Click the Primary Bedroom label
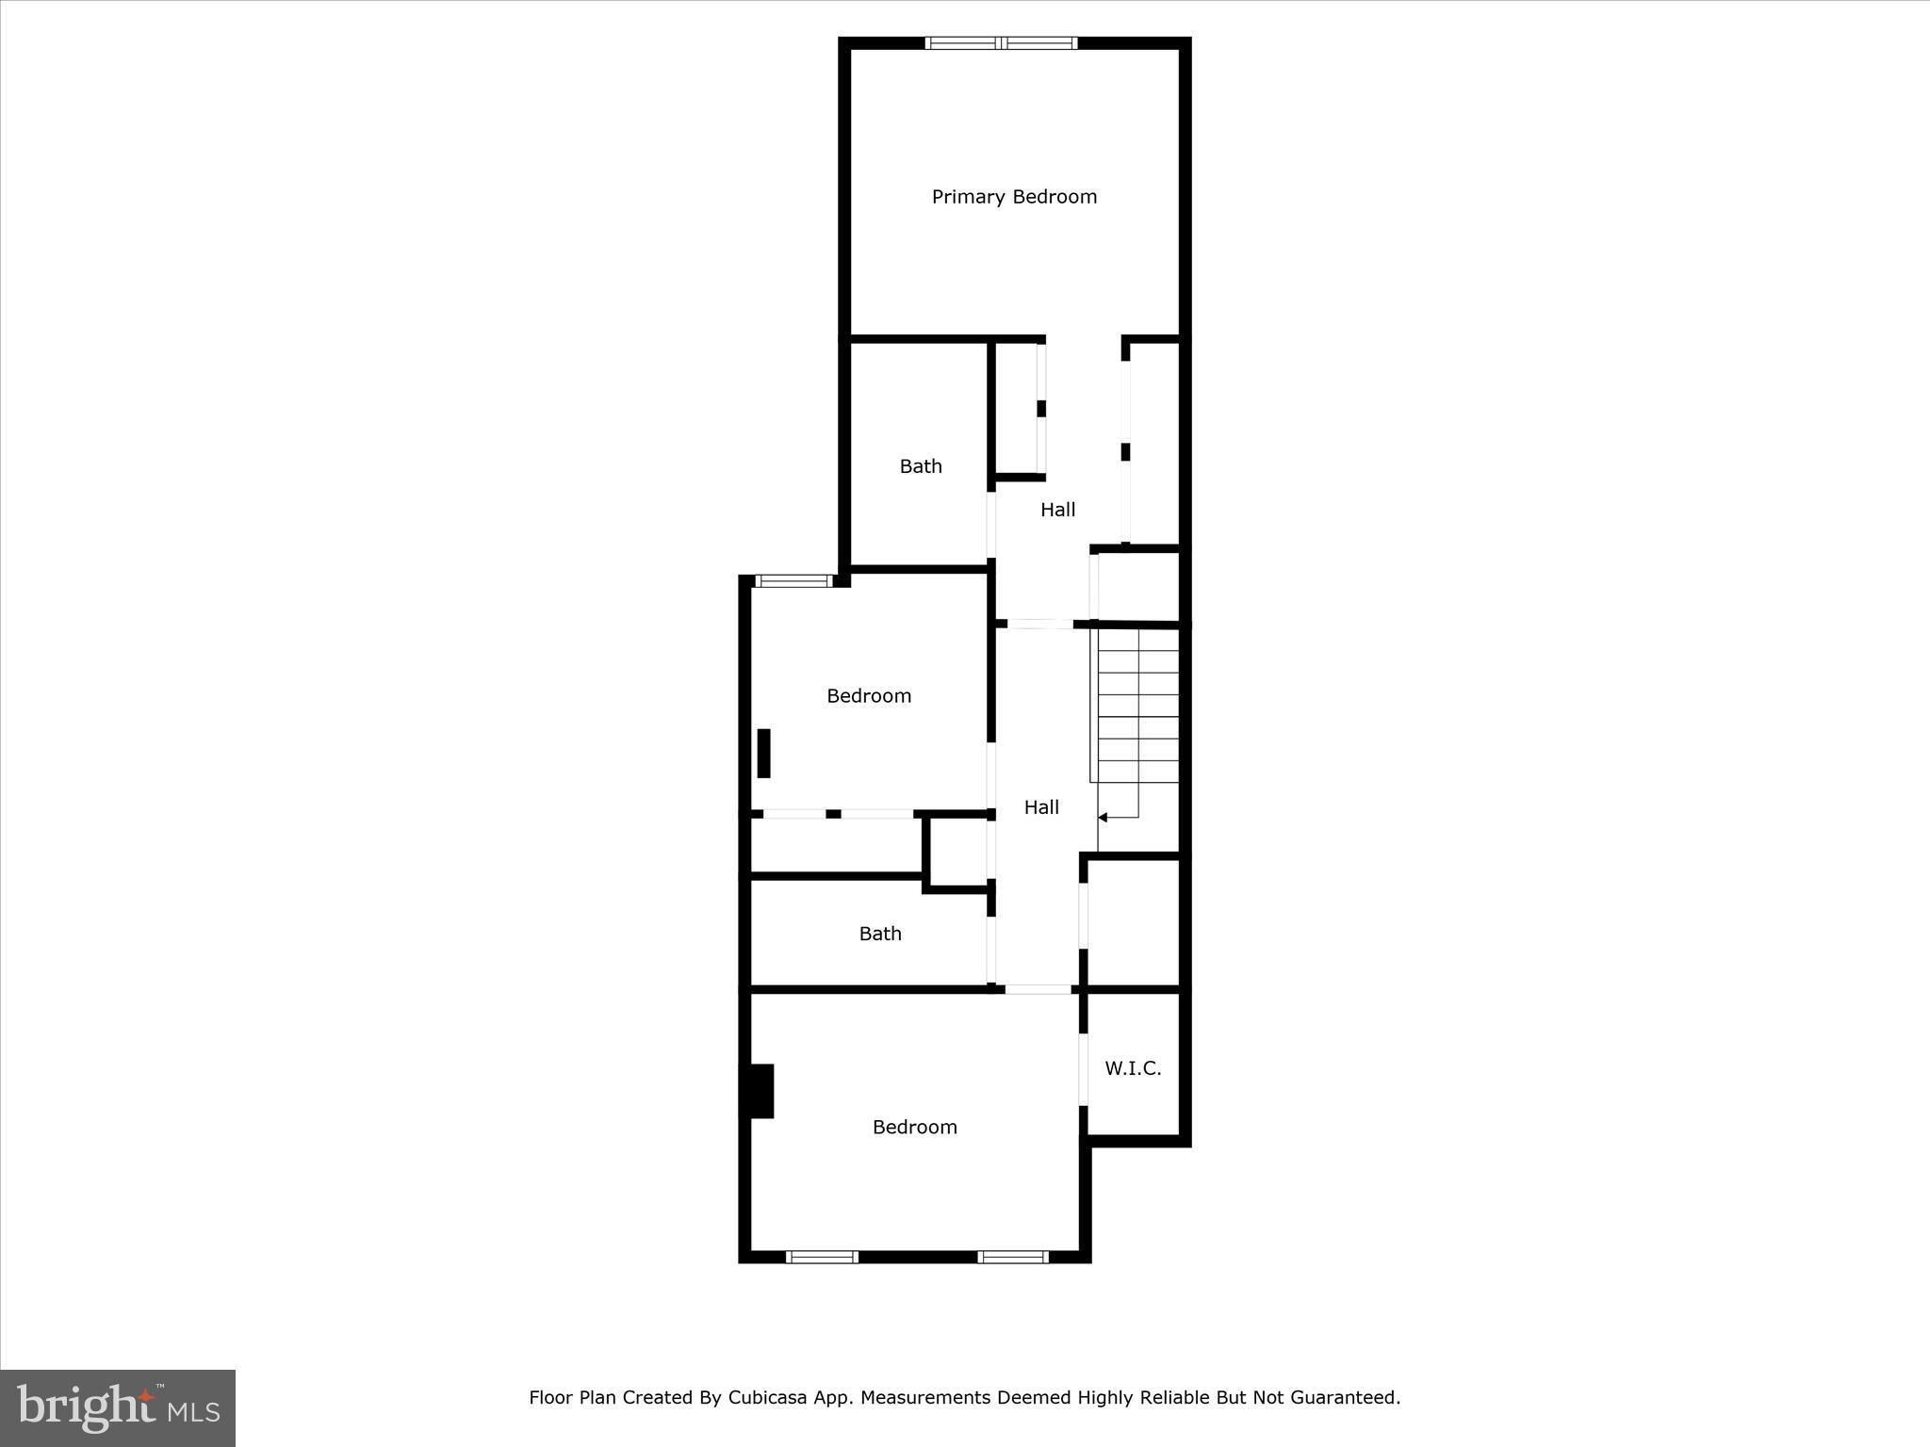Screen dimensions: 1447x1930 point(1014,197)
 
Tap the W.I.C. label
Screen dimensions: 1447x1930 point(1133,1068)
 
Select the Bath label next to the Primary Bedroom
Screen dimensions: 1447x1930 point(921,466)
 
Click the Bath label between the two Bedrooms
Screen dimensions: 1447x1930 point(880,934)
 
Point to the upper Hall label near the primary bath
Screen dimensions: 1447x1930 point(1057,510)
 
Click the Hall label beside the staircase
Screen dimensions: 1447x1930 point(1041,807)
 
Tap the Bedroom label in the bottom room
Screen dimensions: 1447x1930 point(914,1127)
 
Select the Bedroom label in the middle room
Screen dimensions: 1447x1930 point(869,696)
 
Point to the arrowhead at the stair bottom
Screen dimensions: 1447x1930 point(1103,818)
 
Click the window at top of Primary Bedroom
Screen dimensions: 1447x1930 point(1001,42)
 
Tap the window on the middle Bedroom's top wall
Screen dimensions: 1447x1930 point(793,581)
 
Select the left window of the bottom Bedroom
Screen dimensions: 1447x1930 point(822,1257)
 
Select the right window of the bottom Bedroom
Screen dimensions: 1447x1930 point(1013,1257)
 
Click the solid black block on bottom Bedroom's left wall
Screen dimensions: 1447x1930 point(760,1091)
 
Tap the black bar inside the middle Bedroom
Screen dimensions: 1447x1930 point(763,754)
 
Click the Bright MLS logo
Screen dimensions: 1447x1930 point(118,1407)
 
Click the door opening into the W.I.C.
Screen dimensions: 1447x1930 point(1084,1069)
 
